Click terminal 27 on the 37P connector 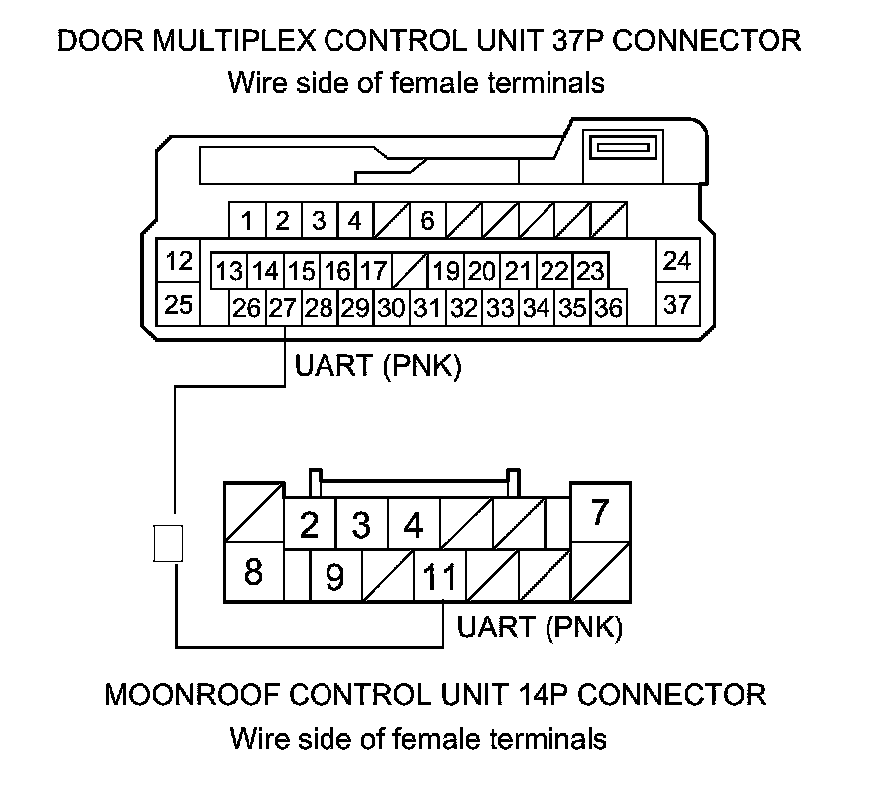[281, 308]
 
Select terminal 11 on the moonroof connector [439, 577]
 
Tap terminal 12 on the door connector [179, 262]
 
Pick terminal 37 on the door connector [677, 305]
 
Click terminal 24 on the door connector [677, 262]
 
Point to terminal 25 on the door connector [179, 305]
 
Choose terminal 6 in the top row [426, 220]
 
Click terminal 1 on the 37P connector [246, 220]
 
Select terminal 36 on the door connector [608, 308]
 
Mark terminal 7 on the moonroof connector [599, 513]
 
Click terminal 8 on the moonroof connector [253, 573]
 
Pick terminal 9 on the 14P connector [335, 577]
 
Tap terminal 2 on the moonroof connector [309, 524]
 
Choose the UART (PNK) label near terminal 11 [540, 628]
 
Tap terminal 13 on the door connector [229, 271]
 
